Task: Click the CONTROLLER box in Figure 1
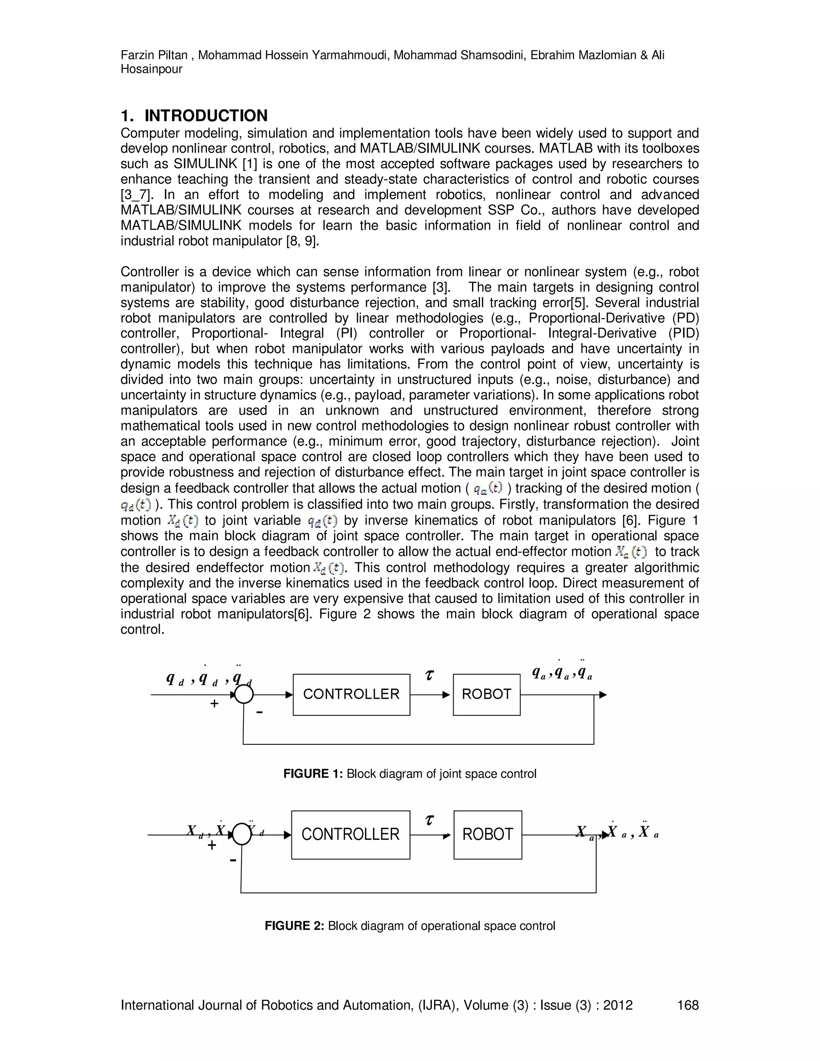pos(351,694)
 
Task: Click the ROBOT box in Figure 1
pos(486,694)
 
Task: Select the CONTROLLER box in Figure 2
pos(350,835)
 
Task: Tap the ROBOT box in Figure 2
pos(488,835)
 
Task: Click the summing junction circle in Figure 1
pos(244,695)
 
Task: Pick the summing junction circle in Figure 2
pos(242,835)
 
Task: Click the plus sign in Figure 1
pos(214,704)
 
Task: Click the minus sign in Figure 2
pos(233,860)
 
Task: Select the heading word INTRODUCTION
pos(206,116)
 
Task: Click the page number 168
pos(687,1005)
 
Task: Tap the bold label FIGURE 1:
pos(314,774)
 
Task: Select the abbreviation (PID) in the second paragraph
pos(683,333)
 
